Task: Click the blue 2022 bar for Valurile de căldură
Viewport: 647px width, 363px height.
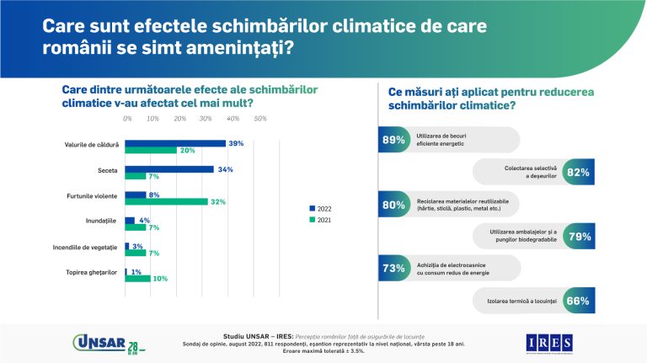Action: pos(175,143)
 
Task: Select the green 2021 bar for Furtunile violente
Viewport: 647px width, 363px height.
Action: pos(166,201)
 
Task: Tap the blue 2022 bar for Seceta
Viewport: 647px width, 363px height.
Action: pos(168,169)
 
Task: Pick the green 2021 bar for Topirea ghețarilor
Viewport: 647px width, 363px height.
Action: pos(137,279)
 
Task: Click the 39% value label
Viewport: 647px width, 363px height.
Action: pos(236,143)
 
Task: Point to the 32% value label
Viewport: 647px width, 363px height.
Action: pos(218,202)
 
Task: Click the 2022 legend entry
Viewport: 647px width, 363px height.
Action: pos(321,206)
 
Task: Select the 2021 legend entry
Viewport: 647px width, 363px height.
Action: pos(321,220)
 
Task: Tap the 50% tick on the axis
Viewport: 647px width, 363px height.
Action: pos(260,119)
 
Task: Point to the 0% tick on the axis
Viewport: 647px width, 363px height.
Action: pos(127,119)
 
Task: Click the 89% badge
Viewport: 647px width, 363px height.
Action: pos(393,140)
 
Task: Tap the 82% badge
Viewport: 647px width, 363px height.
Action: pos(578,172)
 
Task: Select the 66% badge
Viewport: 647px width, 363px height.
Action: pos(578,300)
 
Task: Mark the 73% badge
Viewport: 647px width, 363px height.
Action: pos(393,268)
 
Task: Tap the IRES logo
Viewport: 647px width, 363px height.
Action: pos(549,342)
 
